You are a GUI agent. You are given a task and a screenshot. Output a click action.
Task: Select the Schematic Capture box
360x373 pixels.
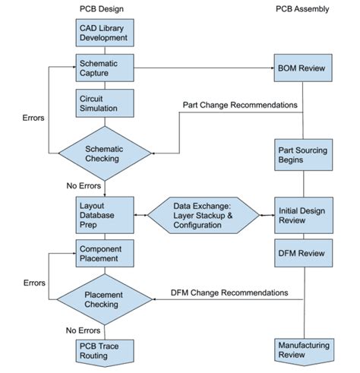(x=105, y=68)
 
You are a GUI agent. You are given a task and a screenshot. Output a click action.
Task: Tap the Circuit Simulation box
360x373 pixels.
(x=105, y=104)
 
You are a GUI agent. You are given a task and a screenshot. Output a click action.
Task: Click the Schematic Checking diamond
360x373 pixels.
(x=105, y=153)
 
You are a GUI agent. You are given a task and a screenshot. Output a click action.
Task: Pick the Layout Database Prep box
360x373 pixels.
(x=105, y=214)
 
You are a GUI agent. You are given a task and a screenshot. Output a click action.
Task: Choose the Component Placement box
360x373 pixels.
(x=105, y=253)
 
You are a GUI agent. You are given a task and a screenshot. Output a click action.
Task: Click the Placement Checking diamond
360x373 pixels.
(x=105, y=299)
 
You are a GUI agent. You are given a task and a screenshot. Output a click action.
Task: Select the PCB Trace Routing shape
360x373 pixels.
(x=105, y=350)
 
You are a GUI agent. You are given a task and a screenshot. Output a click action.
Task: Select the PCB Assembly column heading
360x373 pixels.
(x=302, y=8)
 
